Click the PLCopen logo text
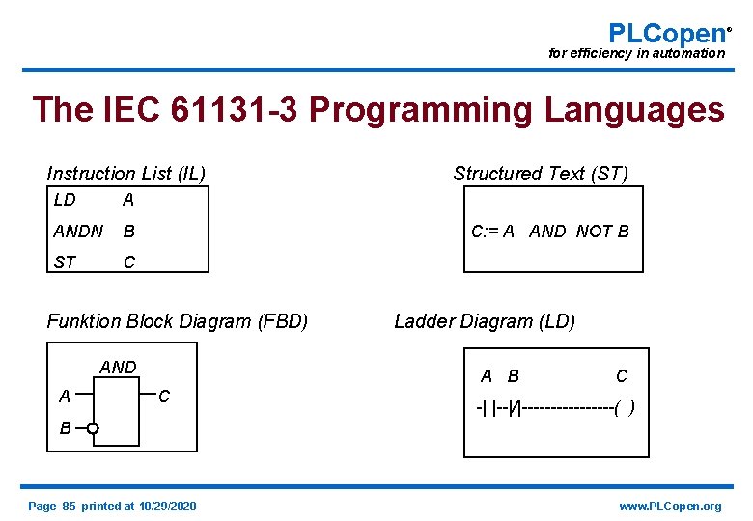pos(666,33)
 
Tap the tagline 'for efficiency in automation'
pos(636,53)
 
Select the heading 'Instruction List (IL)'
pos(125,174)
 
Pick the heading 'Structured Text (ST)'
pos(541,174)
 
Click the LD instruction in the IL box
pos(65,200)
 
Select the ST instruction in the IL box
pos(65,262)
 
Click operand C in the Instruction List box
pos(128,262)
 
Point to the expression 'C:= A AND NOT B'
pos(550,232)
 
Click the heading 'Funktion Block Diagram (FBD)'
pos(178,321)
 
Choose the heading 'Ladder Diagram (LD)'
pos(485,321)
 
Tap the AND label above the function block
pos(119,367)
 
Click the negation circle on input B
pos(92,428)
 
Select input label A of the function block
pos(64,396)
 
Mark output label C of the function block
pos(164,396)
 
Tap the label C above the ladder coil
pos(622,375)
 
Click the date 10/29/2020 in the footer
pos(168,507)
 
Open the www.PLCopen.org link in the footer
pos(670,507)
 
